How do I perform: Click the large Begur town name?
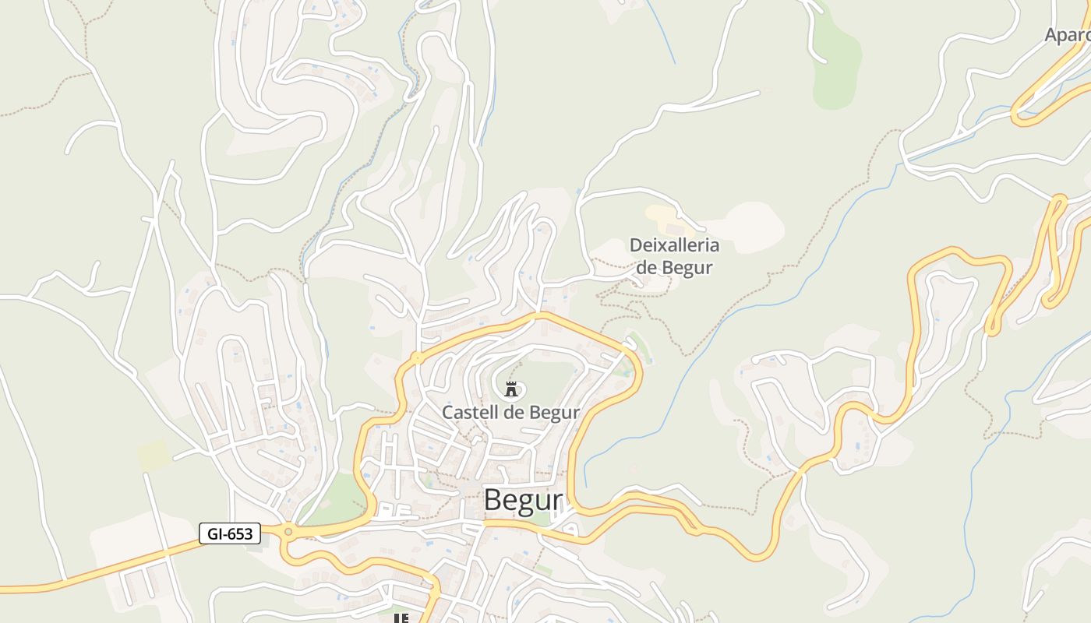[523, 500]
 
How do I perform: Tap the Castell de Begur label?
[510, 412]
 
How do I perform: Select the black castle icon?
[511, 389]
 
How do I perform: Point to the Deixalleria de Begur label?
[674, 256]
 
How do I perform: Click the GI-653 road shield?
[229, 533]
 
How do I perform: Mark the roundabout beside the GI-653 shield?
[288, 532]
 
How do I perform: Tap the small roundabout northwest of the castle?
[418, 358]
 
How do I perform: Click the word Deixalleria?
[674, 245]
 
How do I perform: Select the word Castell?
[470, 412]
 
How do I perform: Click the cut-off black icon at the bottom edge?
[401, 618]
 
